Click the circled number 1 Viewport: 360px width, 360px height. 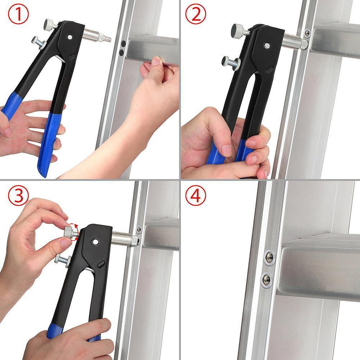click(x=18, y=14)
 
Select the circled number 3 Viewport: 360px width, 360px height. click(x=18, y=196)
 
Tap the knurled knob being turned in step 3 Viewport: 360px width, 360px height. click(x=68, y=233)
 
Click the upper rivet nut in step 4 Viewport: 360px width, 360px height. click(x=269, y=257)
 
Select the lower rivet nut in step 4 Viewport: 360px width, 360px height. click(x=266, y=279)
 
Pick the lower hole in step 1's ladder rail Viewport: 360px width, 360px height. click(x=121, y=53)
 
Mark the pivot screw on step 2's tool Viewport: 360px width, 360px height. click(x=267, y=45)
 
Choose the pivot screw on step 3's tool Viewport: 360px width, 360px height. click(x=95, y=242)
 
